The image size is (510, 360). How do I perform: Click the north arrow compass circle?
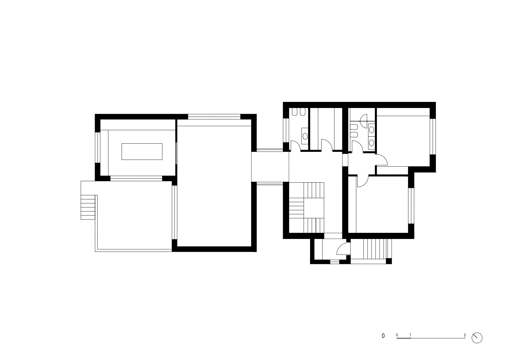pos(477,338)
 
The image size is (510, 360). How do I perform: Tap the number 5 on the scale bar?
pos(465,335)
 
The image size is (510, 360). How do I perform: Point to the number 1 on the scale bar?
pos(410,335)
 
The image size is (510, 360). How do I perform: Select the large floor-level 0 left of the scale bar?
pos(383,336)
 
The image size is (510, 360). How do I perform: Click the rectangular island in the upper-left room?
pos(142,151)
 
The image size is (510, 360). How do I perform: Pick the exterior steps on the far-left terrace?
pos(88,207)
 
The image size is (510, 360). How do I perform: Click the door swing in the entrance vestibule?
pos(342,249)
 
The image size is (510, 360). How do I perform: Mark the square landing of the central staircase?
pos(314,208)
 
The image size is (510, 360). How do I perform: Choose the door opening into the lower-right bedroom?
pos(362,181)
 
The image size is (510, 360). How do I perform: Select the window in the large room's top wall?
pos(214,117)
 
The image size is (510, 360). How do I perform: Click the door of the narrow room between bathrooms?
pos(326,145)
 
